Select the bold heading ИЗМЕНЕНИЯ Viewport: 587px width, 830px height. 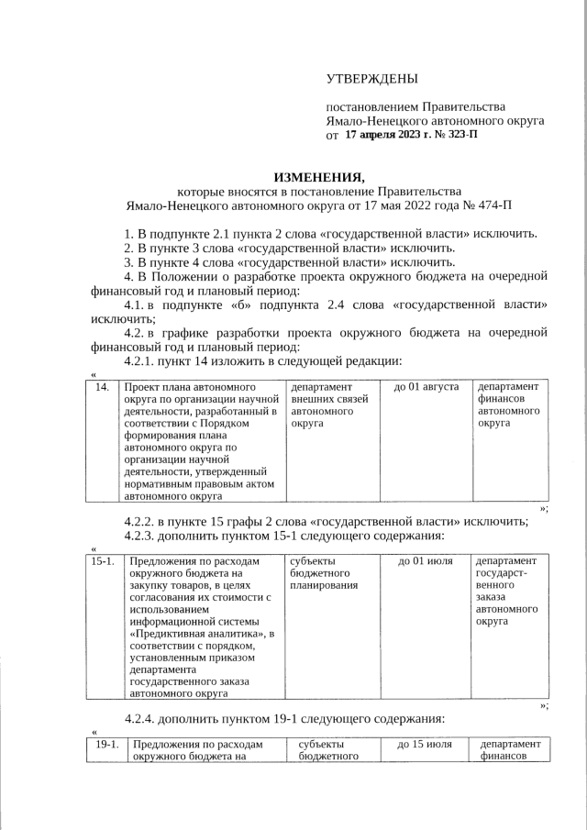tap(319, 176)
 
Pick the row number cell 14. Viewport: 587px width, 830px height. tap(104, 387)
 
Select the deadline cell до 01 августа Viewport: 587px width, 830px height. tap(426, 387)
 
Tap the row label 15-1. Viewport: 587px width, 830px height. tap(104, 560)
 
